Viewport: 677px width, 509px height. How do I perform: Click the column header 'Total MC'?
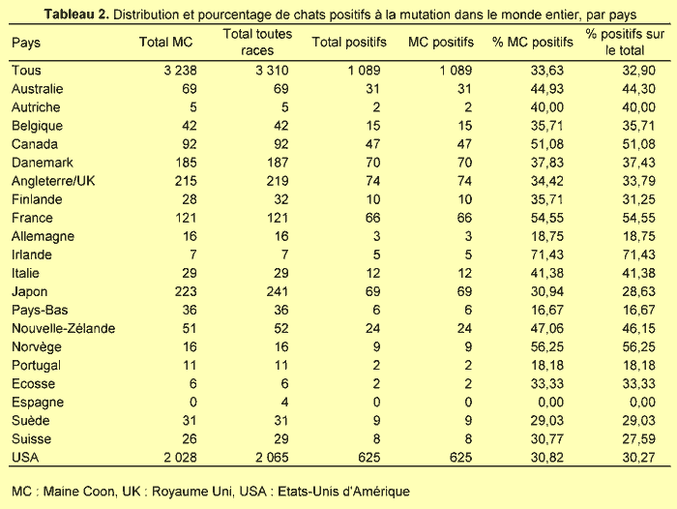(x=165, y=42)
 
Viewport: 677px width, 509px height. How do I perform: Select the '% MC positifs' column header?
(x=532, y=42)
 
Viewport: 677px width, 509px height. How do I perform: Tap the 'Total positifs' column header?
(x=349, y=42)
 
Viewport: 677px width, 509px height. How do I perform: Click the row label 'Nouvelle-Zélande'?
(x=63, y=328)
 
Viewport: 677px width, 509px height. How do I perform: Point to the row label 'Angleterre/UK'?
(x=53, y=181)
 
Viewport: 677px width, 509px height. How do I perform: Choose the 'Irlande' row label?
(x=32, y=254)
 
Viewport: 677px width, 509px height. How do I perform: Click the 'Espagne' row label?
(x=38, y=403)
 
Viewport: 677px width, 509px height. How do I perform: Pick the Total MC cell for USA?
(x=180, y=457)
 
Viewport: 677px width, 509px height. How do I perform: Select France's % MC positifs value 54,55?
(x=547, y=218)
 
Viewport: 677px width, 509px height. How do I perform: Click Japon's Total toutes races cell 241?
(x=278, y=291)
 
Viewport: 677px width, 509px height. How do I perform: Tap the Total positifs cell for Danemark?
(x=372, y=163)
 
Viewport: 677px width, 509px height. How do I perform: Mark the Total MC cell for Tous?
(x=180, y=71)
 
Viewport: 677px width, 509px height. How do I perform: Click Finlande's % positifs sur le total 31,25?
(x=638, y=199)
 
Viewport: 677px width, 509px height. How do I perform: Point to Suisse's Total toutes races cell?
(x=280, y=439)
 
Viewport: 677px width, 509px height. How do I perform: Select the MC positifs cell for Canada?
(x=464, y=144)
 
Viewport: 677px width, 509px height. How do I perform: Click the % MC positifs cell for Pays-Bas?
(x=547, y=311)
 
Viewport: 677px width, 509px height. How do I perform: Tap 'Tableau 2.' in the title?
(x=76, y=15)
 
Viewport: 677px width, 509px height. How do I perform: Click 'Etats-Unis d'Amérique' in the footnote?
(x=343, y=492)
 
